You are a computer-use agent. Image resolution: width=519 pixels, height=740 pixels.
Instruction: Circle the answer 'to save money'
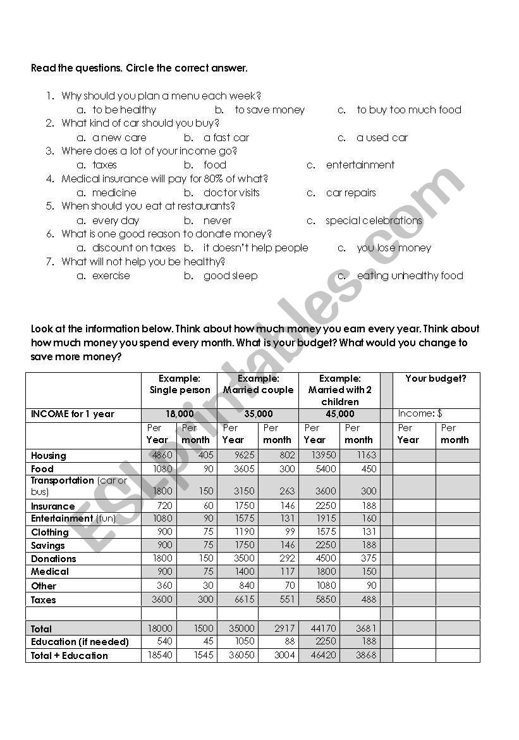coord(270,110)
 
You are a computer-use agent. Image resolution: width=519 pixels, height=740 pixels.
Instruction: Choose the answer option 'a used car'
coord(382,137)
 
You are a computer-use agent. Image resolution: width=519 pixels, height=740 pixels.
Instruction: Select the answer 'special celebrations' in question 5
coord(374,221)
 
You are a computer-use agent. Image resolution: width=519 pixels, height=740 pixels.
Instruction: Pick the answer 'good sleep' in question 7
coord(230,276)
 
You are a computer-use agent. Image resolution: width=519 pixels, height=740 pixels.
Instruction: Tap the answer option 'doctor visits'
coord(231,193)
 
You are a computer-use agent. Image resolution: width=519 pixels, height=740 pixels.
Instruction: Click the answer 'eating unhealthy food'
coord(410,276)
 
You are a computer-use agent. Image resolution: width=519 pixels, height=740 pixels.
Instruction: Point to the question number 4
coord(51,179)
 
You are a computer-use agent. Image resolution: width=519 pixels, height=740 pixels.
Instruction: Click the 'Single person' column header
coord(180,390)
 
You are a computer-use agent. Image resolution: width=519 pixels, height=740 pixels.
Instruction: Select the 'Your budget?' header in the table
coord(436,379)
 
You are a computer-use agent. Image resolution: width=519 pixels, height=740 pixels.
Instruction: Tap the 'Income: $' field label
coord(420,414)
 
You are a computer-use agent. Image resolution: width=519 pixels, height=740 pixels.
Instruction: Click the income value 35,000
coord(259,414)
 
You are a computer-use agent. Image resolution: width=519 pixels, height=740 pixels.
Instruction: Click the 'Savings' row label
coord(48,546)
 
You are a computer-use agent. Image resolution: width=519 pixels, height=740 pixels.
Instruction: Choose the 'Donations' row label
coord(54,559)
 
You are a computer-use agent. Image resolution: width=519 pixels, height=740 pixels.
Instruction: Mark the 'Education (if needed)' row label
coord(80,642)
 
